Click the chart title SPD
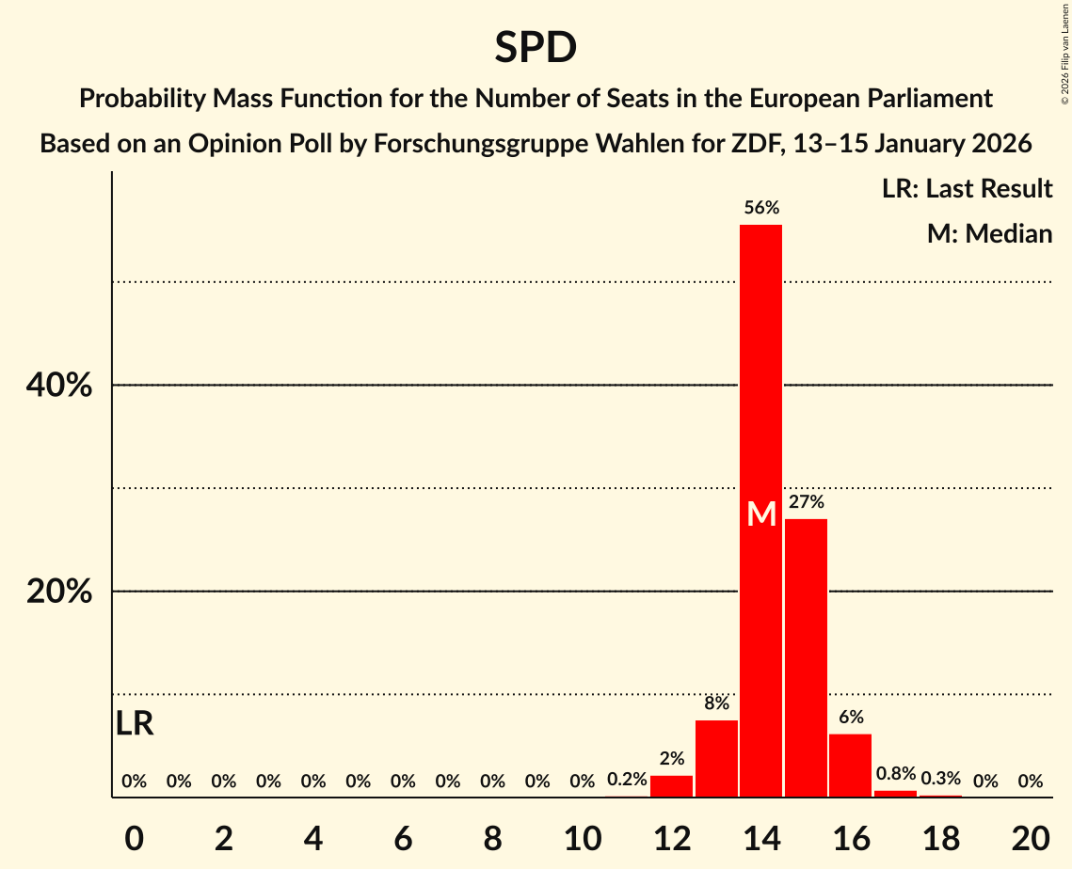(536, 48)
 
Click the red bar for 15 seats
(806, 657)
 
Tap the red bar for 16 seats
(850, 765)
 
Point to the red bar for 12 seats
(671, 785)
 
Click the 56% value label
(761, 208)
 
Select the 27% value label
(807, 502)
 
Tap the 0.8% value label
(895, 774)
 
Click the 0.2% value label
(627, 780)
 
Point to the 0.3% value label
(940, 779)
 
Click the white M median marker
(761, 514)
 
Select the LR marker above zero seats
(135, 723)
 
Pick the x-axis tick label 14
(760, 837)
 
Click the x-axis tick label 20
(1031, 837)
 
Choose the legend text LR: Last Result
(967, 189)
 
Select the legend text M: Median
(989, 233)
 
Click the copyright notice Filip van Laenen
(1064, 52)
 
